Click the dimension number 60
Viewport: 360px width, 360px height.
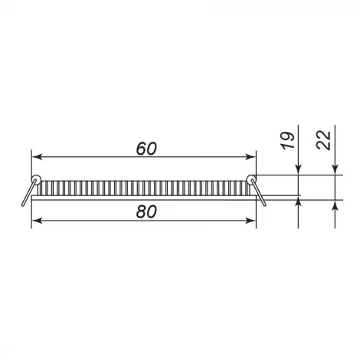(x=143, y=149)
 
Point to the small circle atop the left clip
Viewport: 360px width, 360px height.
(x=34, y=179)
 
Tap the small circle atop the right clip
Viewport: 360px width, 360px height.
(x=251, y=179)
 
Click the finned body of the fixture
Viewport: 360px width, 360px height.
(x=143, y=188)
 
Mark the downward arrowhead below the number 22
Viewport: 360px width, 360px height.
(x=335, y=170)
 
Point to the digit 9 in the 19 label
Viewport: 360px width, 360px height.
(x=288, y=135)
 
